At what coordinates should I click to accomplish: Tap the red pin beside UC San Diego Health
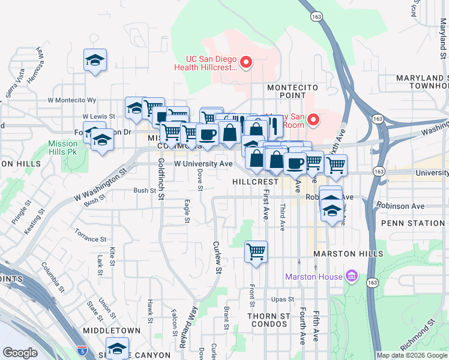click(x=246, y=61)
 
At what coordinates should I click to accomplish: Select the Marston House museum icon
click(x=351, y=277)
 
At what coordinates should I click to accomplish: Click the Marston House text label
click(x=313, y=277)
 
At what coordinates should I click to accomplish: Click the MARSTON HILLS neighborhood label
click(x=348, y=254)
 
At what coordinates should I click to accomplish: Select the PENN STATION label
click(x=413, y=223)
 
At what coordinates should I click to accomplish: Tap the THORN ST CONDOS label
click(x=269, y=320)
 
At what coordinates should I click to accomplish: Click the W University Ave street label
click(x=203, y=163)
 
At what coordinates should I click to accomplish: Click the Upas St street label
click(x=282, y=299)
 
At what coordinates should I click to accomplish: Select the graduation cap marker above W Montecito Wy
click(x=95, y=60)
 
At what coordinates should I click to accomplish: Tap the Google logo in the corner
click(x=20, y=352)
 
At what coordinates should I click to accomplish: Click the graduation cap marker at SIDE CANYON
click(x=117, y=349)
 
